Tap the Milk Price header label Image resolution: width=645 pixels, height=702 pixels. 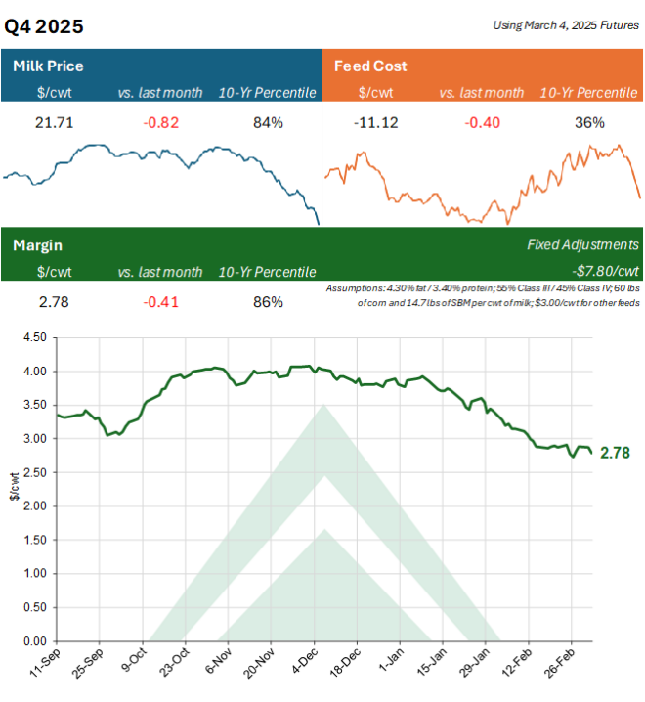click(48, 66)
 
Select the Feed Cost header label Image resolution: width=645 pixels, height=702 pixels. click(370, 66)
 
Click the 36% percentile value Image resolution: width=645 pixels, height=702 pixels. click(590, 122)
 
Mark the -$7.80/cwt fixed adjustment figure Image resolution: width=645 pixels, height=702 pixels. click(604, 271)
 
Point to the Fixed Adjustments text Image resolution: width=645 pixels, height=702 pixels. click(582, 244)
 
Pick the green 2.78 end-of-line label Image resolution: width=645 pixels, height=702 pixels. click(614, 453)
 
